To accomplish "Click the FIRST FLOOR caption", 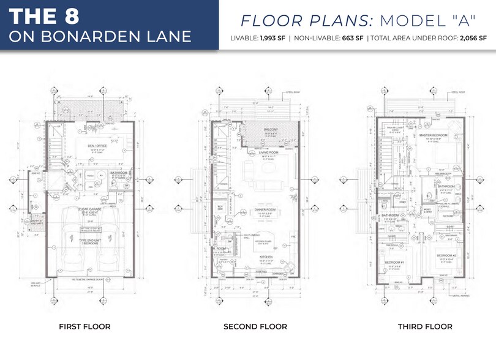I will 85,327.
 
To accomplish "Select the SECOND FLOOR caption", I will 255,327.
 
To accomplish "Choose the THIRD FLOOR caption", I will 425,327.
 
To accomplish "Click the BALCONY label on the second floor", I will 271,130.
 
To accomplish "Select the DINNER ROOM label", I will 265,209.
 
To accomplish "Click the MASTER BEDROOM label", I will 434,135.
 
